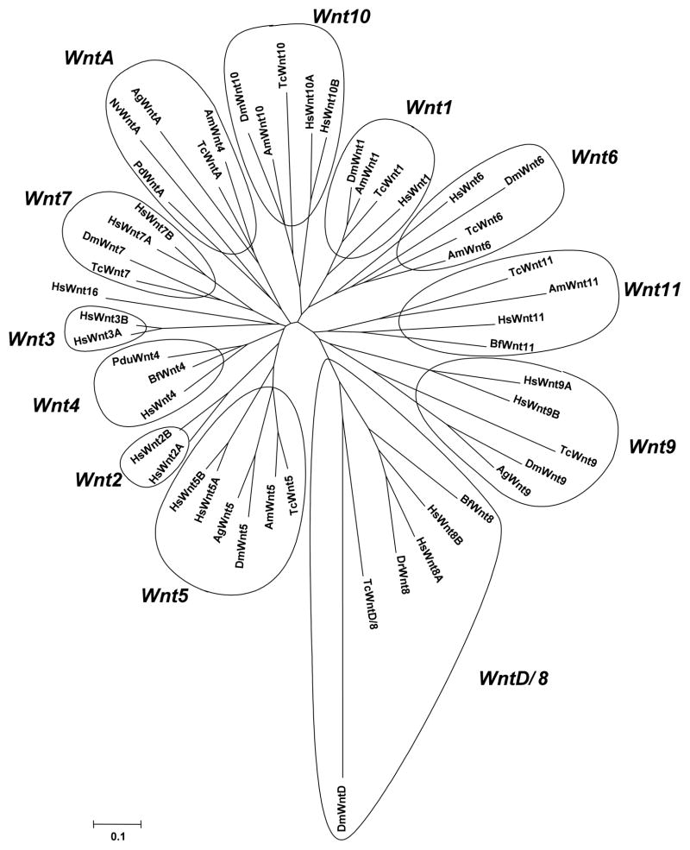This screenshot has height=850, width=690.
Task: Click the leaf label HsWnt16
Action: [75, 286]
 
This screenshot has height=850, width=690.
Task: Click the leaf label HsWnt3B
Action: [103, 318]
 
